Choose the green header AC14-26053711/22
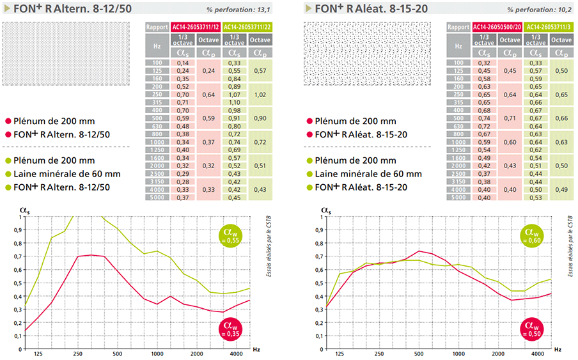(246, 27)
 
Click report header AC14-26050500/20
(496, 27)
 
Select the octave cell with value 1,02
(260, 95)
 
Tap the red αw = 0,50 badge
(530, 331)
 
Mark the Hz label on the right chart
(558, 350)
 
